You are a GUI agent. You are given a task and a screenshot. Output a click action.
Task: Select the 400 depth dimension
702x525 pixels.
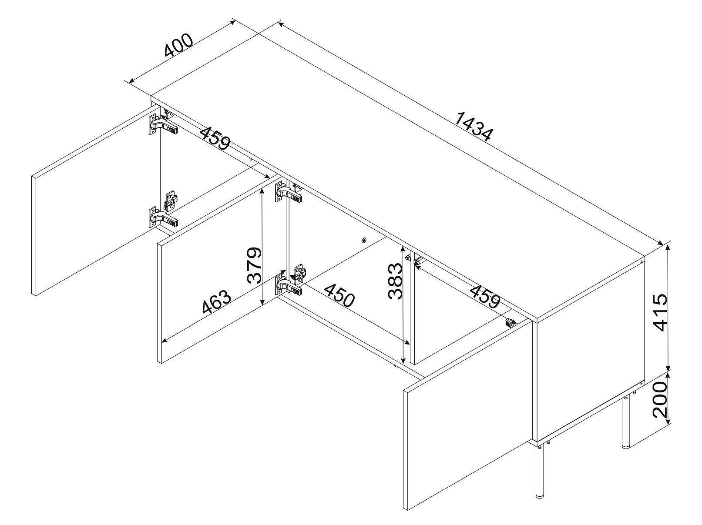[179, 45]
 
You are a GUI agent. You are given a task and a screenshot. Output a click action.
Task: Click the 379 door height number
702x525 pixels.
[255, 265]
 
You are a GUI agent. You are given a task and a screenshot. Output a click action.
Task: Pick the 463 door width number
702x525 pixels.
[216, 301]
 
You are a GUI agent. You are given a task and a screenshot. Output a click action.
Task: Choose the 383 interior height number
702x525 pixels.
[395, 281]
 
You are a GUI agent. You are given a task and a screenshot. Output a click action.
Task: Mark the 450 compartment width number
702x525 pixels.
[339, 295]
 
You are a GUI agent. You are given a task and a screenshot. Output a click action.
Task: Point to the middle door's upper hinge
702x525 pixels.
[288, 193]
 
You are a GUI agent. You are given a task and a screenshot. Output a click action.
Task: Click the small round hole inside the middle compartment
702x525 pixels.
[364, 240]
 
